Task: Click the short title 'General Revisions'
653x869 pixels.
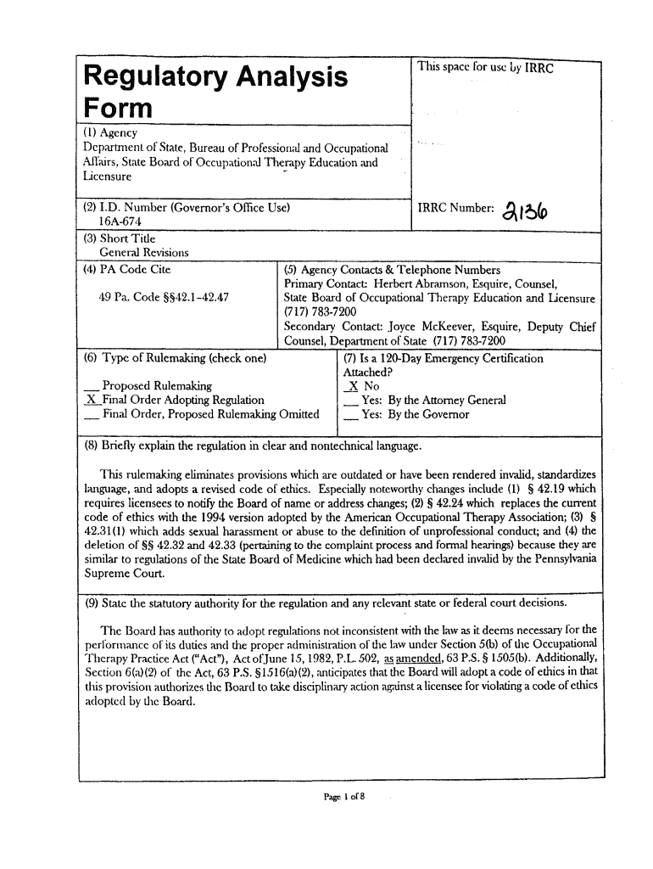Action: (x=143, y=253)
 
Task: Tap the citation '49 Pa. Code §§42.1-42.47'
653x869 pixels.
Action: (x=162, y=298)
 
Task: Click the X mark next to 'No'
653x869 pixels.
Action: (x=349, y=386)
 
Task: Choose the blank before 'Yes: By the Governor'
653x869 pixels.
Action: (x=349, y=415)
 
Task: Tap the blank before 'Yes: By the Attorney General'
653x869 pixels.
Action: (x=349, y=401)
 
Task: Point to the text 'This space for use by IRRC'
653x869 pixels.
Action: (x=484, y=69)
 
